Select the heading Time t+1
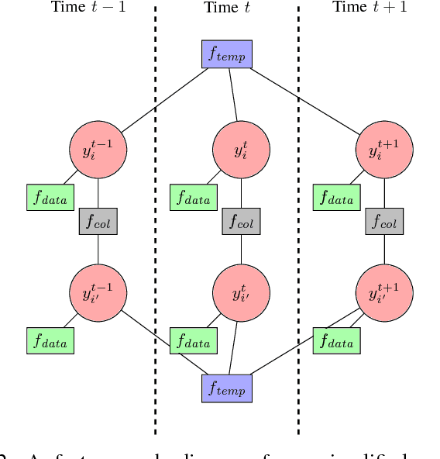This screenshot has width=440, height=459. tap(369, 8)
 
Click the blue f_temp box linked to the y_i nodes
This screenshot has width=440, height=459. tap(227, 53)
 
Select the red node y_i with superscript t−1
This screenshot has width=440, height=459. tap(98, 150)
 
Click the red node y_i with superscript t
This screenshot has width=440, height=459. tap(241, 150)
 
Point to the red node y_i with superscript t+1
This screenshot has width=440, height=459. tap(384, 150)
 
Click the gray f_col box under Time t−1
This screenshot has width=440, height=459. tap(98, 223)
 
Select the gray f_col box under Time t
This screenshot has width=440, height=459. tap(241, 223)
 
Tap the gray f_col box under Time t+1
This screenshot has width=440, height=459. tap(384, 223)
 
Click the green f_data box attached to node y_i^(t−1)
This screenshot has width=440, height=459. tap(50, 198)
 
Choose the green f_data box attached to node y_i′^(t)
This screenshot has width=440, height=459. tap(194, 341)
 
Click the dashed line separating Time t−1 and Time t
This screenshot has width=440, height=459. tap(156, 233)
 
